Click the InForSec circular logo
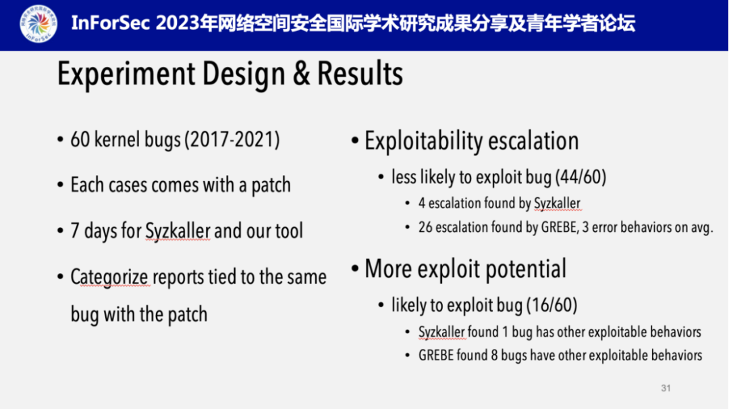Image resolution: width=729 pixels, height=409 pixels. [38, 23]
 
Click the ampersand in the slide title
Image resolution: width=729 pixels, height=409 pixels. [302, 74]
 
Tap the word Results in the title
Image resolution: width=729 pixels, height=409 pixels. [360, 74]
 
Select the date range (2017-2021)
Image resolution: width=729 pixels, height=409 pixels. [232, 139]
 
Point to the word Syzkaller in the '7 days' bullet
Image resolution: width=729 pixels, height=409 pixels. [178, 231]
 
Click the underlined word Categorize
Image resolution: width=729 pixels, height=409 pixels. [110, 276]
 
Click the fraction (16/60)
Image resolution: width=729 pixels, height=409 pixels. [552, 305]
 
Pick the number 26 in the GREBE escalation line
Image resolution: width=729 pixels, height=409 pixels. [425, 227]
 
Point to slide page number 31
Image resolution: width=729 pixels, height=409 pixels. [666, 388]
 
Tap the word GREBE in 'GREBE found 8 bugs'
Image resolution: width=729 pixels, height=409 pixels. [435, 356]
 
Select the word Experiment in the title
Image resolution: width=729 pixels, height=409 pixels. [126, 74]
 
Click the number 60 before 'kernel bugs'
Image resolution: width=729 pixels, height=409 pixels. [80, 140]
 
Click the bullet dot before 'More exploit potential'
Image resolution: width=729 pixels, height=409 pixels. [355, 269]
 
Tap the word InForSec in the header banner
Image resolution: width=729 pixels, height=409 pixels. [111, 23]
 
